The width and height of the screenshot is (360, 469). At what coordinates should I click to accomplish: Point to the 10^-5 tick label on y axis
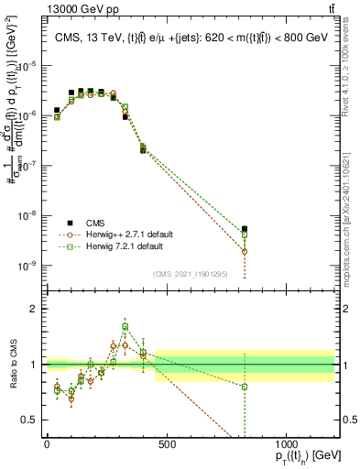coord(28,66)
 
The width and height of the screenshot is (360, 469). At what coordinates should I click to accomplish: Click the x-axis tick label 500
coord(167,444)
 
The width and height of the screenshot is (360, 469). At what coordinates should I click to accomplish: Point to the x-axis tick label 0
coord(47,444)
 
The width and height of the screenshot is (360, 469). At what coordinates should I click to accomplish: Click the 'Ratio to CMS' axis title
coord(12,365)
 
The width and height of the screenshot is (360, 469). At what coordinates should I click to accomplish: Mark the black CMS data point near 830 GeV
coord(245,229)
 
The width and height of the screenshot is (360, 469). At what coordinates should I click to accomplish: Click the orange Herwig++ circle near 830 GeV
coord(245,251)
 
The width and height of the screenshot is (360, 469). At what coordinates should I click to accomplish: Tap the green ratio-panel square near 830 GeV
coord(245,387)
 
